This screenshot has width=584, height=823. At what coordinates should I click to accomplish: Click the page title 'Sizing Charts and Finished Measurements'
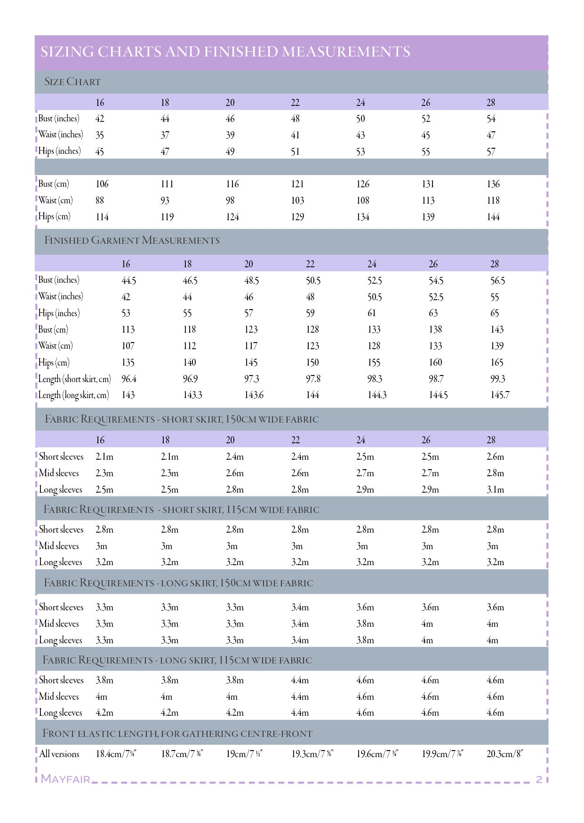(x=225, y=52)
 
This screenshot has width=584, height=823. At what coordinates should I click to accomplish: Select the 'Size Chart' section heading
(x=72, y=82)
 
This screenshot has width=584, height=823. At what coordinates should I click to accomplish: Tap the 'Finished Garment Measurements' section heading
(x=132, y=240)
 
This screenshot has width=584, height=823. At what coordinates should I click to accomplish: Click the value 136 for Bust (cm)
(x=493, y=184)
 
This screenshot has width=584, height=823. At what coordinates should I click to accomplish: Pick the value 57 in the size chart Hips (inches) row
(x=491, y=152)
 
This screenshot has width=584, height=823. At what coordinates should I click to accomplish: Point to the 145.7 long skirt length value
(x=499, y=395)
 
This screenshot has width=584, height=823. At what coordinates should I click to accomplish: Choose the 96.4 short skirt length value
(x=129, y=379)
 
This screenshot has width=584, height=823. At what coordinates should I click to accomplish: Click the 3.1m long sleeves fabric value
(x=495, y=489)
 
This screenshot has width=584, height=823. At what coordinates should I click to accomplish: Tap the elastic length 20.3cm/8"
(x=504, y=754)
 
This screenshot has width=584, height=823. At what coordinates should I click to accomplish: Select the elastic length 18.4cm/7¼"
(x=116, y=754)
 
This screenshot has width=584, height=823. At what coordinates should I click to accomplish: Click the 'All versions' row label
(x=59, y=754)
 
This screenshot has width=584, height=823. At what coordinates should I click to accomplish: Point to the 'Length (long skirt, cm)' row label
(x=73, y=395)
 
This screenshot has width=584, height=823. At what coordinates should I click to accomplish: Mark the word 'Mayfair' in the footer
(x=65, y=779)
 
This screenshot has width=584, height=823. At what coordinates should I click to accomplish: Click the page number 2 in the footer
(x=539, y=779)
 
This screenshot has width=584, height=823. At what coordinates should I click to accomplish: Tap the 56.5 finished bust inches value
(x=497, y=281)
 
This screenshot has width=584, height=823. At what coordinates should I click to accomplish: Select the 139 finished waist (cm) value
(x=497, y=346)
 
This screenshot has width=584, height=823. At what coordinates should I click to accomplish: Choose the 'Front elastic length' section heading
(x=177, y=734)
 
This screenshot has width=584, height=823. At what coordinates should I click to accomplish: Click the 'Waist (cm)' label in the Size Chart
(x=56, y=200)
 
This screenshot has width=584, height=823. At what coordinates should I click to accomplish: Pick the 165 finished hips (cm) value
(x=497, y=362)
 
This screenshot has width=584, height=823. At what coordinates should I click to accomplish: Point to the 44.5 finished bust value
(x=129, y=281)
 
